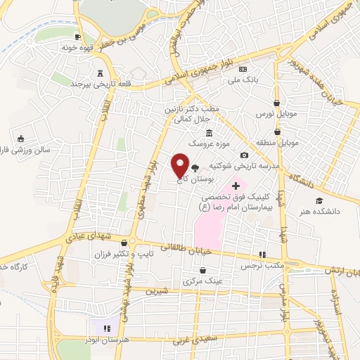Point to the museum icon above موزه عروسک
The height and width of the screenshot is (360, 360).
click(208, 134)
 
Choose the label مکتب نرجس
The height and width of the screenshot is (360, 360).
click(264, 265)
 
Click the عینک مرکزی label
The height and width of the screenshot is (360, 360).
click(202, 281)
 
